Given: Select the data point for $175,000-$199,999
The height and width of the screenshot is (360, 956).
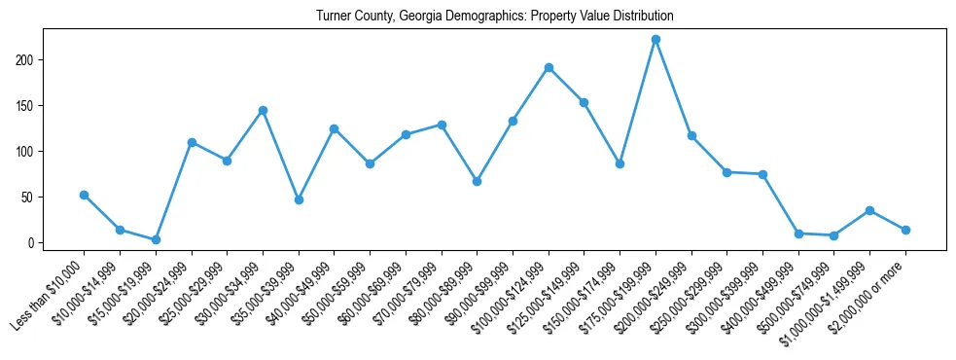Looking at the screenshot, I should (x=655, y=40).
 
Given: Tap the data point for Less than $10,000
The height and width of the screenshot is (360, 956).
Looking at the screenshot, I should (x=84, y=195).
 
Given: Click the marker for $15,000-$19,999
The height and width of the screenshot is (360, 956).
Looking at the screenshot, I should (x=156, y=239).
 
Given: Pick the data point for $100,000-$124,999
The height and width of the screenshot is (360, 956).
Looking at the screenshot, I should (x=549, y=67).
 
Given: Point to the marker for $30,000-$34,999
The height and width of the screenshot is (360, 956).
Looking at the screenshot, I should (x=263, y=110).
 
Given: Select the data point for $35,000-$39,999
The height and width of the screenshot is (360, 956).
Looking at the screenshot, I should (x=299, y=199).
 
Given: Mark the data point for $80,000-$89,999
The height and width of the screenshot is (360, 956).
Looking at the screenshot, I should (x=477, y=181).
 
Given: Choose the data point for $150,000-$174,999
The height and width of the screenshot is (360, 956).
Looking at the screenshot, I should (x=620, y=163).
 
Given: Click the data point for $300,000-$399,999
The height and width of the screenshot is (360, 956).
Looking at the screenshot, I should (x=762, y=174).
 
